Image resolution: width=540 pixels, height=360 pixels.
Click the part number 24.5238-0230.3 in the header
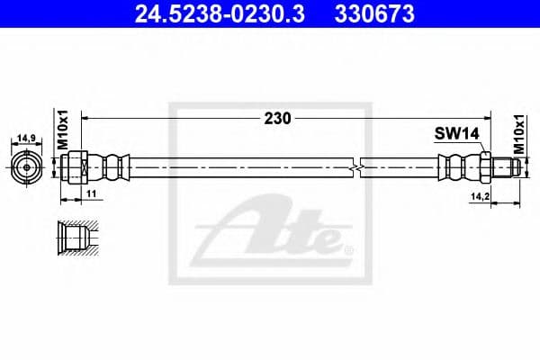(x=220, y=13)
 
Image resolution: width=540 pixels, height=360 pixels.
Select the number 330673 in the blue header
(x=374, y=13)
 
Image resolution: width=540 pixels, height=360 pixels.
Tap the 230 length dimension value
(x=277, y=119)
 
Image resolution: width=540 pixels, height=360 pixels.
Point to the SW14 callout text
(x=456, y=134)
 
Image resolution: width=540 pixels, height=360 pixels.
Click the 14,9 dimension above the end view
(x=27, y=138)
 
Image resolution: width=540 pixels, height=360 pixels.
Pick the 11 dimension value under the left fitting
(x=91, y=193)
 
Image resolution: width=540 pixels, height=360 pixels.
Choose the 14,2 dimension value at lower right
(x=481, y=196)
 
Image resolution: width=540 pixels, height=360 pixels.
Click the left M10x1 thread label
(x=63, y=130)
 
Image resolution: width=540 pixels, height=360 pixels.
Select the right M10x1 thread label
(x=518, y=134)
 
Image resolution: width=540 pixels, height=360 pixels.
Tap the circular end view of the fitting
(x=27, y=167)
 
